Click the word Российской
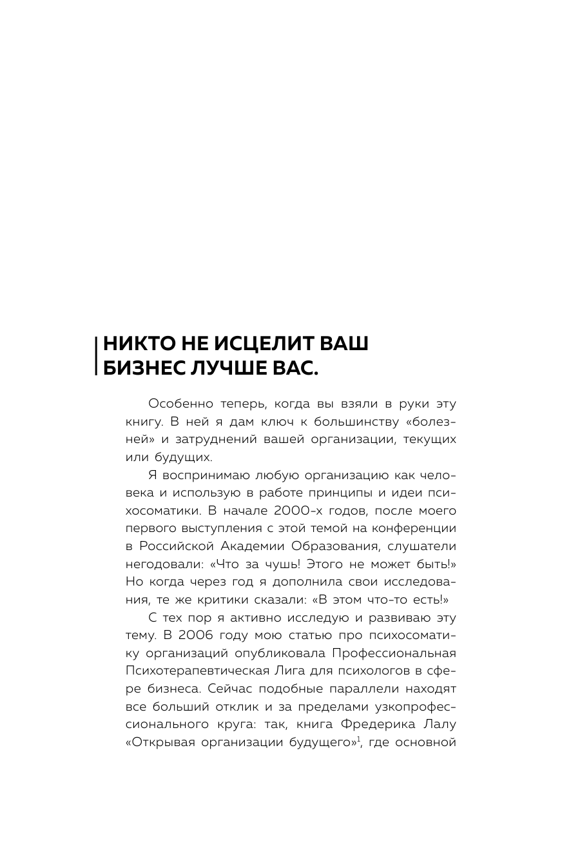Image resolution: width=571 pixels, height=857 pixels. point(179,546)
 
